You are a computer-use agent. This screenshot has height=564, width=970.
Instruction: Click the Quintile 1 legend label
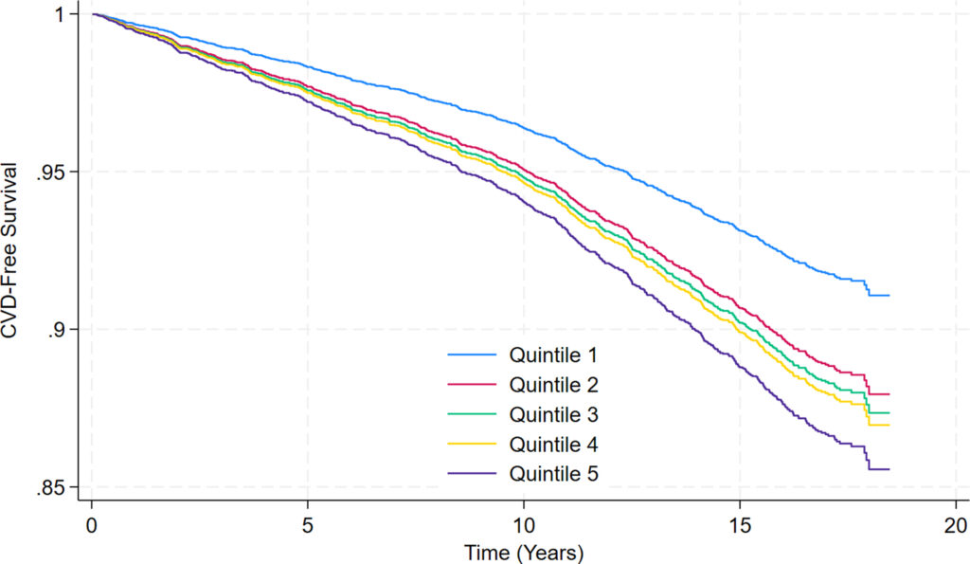[553, 356]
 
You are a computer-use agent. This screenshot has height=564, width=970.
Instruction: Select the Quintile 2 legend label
[553, 386]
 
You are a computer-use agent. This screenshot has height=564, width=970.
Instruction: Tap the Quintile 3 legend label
[553, 415]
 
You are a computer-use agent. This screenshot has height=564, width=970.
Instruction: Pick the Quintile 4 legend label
[553, 444]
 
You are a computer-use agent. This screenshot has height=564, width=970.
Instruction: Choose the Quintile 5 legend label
[553, 473]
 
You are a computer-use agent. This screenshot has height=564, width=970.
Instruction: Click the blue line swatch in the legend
[472, 356]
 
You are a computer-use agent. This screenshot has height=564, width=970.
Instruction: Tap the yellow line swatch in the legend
[472, 444]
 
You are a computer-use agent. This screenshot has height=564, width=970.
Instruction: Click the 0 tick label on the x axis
[91, 524]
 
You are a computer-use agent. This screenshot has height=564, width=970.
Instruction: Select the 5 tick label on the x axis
[307, 524]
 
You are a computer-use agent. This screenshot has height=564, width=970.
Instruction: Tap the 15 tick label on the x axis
[740, 524]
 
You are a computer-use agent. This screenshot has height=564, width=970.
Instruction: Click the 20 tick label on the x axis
[956, 524]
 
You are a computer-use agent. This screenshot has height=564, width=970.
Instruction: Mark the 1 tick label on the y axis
[60, 15]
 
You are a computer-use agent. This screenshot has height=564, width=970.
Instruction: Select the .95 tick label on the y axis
[51, 173]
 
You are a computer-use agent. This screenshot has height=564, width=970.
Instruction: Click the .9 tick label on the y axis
[56, 330]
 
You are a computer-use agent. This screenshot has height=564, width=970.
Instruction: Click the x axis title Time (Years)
[523, 551]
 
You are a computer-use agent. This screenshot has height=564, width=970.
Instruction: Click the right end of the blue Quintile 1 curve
[889, 296]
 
